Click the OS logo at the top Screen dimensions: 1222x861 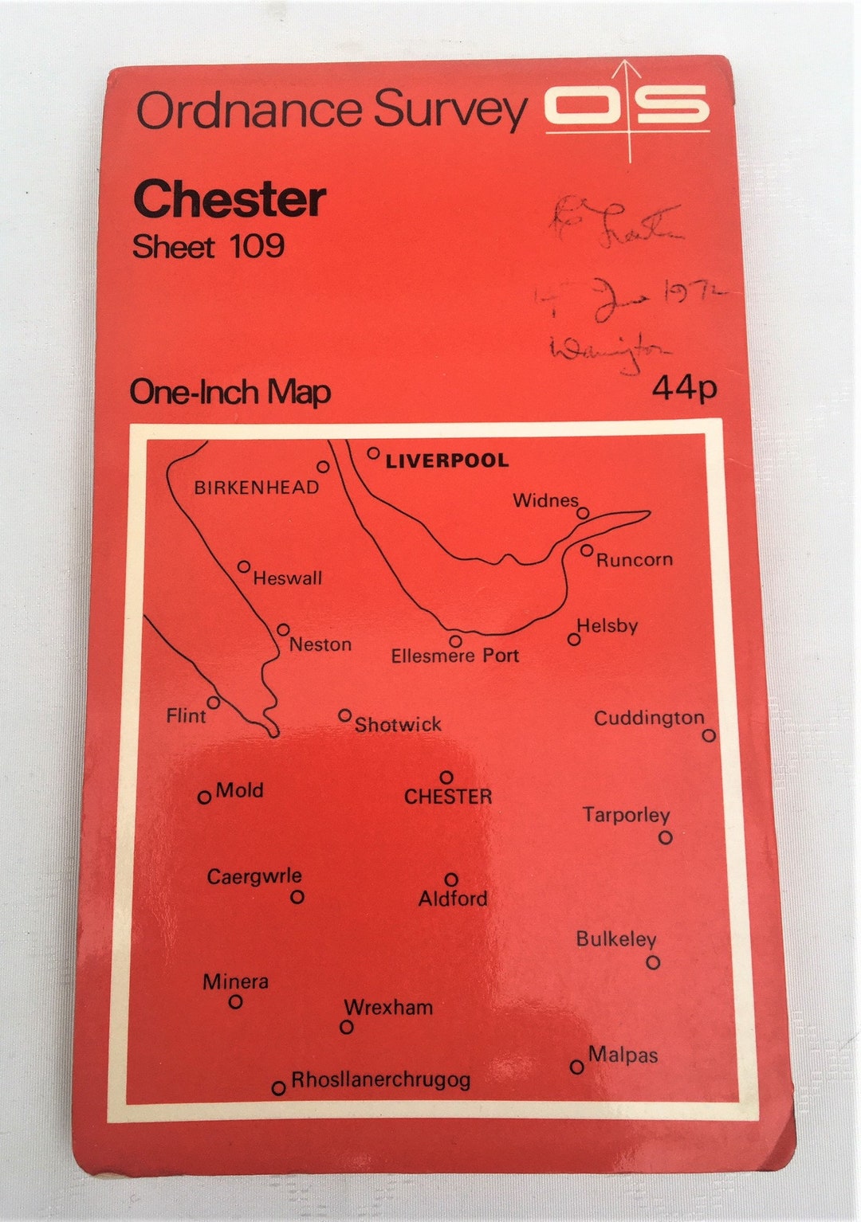coord(627,107)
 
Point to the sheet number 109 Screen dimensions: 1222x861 coord(257,245)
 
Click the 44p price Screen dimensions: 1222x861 coord(684,388)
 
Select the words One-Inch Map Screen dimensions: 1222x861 coord(230,392)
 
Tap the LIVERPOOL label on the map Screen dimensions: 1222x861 coord(446,460)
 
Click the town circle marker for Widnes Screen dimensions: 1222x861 coord(583,513)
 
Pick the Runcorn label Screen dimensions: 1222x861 coord(635,560)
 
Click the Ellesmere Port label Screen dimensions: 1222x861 coord(454,656)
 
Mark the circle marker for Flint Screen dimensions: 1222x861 coord(214,702)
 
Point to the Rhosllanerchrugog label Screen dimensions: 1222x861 coord(380,1080)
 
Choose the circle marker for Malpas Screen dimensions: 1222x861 coord(577,1067)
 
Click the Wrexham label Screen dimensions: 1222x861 coord(388,1007)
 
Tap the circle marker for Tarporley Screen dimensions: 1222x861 coord(665,837)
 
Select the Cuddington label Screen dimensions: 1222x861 coord(649,718)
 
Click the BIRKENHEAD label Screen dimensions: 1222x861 coord(257,488)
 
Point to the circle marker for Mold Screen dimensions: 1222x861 coord(204,797)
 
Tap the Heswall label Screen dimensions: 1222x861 coord(287,578)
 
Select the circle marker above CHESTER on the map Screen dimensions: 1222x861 coord(446,777)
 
